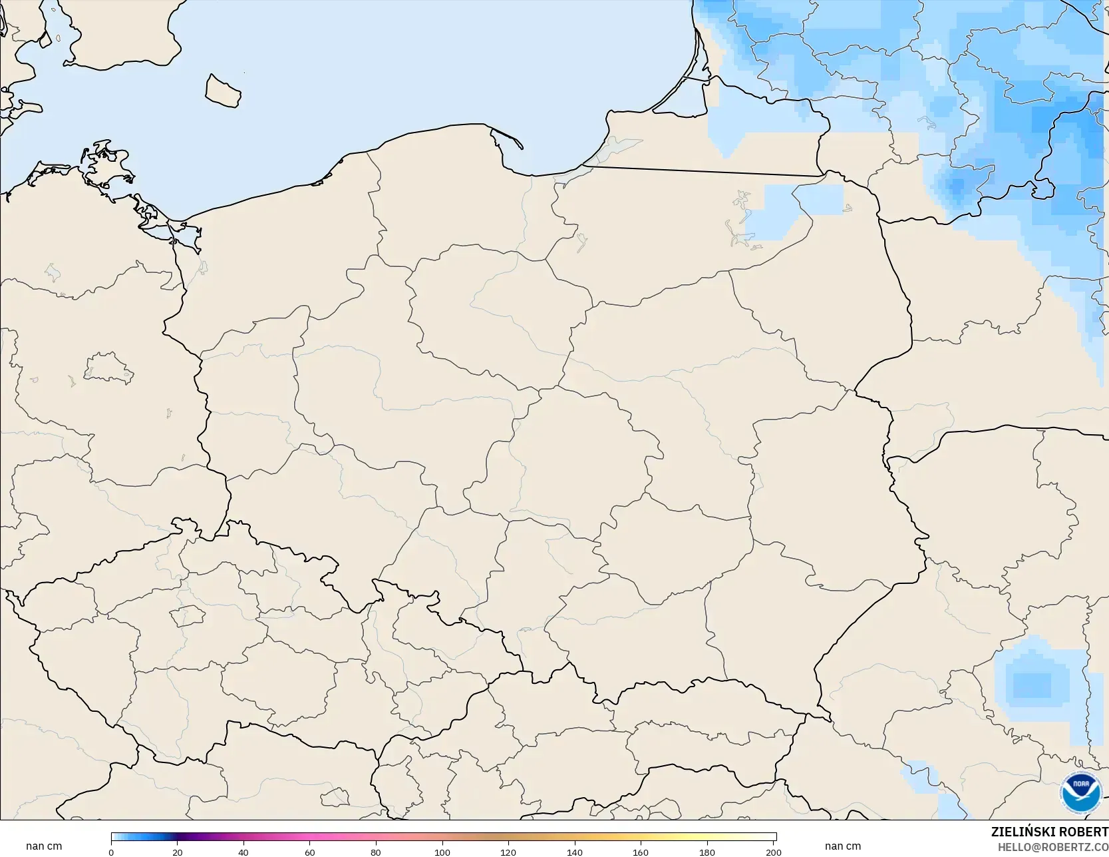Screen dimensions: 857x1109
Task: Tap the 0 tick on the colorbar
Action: click(x=111, y=852)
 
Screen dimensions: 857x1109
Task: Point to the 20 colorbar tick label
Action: click(x=177, y=852)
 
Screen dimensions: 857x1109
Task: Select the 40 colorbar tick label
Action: click(x=243, y=852)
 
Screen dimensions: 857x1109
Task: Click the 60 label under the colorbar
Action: click(x=309, y=852)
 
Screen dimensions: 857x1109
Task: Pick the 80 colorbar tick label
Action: click(x=376, y=852)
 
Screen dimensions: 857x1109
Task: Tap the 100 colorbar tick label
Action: click(x=442, y=852)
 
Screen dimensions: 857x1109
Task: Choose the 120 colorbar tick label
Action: click(x=508, y=852)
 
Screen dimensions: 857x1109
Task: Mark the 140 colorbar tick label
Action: click(x=575, y=852)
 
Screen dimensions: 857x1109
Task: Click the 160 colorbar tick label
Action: click(x=641, y=852)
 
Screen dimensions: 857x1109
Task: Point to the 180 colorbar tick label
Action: click(x=707, y=852)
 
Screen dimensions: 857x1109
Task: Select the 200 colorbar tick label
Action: click(x=773, y=852)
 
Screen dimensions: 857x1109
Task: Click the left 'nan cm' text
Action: click(x=44, y=846)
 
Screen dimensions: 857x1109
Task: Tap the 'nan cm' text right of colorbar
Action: click(x=842, y=846)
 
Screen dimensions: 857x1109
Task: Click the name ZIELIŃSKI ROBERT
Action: click(x=1049, y=832)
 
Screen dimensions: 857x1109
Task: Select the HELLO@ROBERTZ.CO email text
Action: click(x=1052, y=847)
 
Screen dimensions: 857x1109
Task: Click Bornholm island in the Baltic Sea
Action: click(x=222, y=90)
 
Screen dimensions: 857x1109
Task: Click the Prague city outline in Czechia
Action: click(x=188, y=616)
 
